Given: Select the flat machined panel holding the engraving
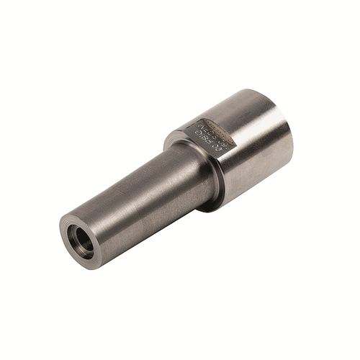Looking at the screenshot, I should [212, 133].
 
